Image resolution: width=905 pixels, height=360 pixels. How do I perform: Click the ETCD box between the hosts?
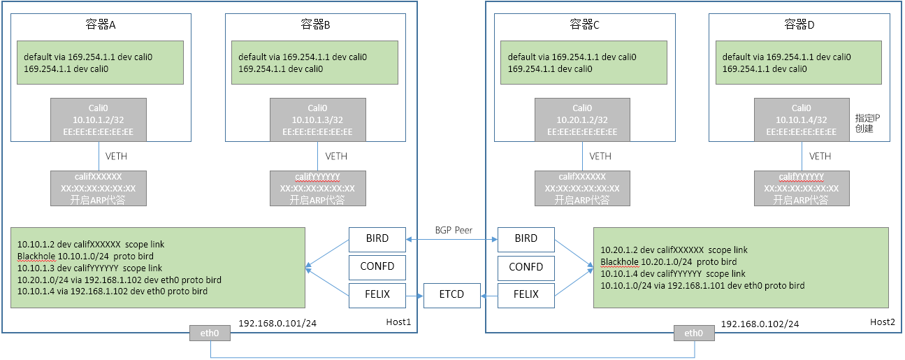pos(453,294)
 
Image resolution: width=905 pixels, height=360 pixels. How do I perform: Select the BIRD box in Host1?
pos(377,239)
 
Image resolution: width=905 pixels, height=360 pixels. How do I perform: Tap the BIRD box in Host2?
pos(526,239)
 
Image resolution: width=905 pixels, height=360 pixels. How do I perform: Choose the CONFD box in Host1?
pos(377,266)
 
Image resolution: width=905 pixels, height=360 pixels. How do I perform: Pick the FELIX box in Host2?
pos(526,294)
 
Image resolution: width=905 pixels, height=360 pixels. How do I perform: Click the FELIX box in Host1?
pos(377,294)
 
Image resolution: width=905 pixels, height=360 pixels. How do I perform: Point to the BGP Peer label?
pos(453,229)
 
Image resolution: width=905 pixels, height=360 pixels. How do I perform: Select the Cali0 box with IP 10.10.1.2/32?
pos(99,120)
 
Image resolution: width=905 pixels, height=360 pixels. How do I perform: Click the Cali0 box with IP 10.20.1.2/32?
pos(582,120)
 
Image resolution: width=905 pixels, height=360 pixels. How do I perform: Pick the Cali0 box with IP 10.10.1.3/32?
pos(317,120)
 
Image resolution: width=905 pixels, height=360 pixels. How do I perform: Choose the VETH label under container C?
pos(600,156)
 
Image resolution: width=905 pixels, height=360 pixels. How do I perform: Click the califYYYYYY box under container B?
pos(317,188)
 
